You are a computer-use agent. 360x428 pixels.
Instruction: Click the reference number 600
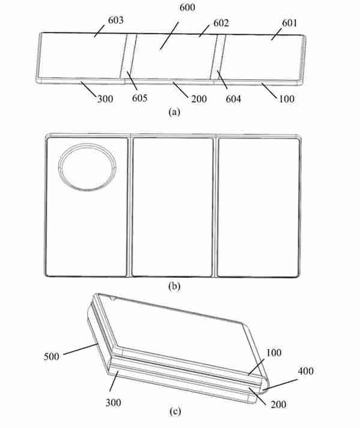187,7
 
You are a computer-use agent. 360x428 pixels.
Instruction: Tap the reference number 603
116,20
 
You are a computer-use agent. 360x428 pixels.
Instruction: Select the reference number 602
221,23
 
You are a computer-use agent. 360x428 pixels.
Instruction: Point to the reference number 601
289,23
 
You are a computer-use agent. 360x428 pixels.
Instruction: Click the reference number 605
140,98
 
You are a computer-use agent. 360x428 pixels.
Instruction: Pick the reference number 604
233,98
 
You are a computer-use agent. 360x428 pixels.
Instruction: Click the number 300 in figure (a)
106,99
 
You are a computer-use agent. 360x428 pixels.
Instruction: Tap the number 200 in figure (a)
199,99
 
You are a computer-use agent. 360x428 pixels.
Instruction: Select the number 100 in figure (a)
287,99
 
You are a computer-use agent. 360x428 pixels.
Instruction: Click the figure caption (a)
175,112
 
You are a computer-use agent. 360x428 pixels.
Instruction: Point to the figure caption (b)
175,286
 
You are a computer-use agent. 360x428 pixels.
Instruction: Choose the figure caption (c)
175,411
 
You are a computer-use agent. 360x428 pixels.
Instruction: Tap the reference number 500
52,357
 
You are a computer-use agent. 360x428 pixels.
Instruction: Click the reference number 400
305,371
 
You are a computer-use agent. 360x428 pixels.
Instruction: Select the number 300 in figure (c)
113,402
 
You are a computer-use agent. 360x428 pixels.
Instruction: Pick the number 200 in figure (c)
278,404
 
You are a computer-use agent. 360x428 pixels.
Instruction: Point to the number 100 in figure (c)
274,352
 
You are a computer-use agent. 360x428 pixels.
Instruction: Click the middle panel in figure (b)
172,206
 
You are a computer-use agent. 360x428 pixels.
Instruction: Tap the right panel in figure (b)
258,206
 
